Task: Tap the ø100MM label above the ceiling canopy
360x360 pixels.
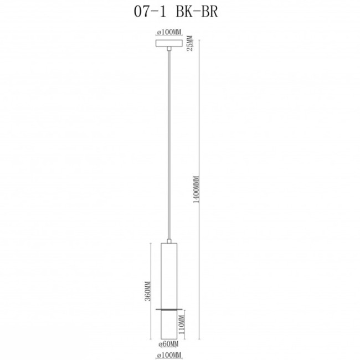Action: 169,33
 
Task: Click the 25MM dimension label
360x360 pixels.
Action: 190,43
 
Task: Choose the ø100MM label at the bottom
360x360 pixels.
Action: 168,354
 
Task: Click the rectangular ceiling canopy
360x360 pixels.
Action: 168,44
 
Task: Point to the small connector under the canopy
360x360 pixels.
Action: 168,50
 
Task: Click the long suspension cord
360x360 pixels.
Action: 168,144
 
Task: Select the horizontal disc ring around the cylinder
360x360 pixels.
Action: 168,308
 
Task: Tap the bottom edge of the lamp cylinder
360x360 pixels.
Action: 168,339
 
